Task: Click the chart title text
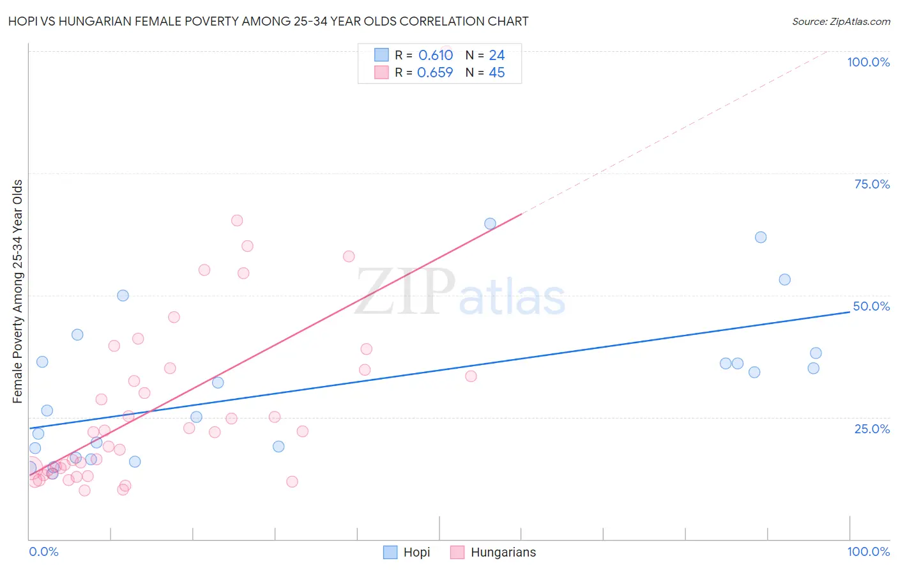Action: pyautogui.click(x=268, y=21)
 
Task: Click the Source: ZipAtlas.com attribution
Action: pyautogui.click(x=841, y=22)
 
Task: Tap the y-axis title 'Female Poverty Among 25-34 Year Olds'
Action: pyautogui.click(x=18, y=291)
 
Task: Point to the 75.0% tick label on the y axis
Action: pyautogui.click(x=871, y=184)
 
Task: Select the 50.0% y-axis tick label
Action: pyautogui.click(x=871, y=306)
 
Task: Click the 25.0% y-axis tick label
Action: pyautogui.click(x=871, y=429)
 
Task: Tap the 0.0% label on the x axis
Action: pyautogui.click(x=43, y=551)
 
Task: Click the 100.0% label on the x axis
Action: pyautogui.click(x=868, y=551)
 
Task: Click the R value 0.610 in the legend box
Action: pyautogui.click(x=436, y=56)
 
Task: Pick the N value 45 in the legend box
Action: pyautogui.click(x=496, y=73)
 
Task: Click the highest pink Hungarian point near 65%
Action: pyautogui.click(x=237, y=220)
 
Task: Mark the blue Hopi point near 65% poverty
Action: pyautogui.click(x=490, y=224)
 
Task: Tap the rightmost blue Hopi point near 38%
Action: pyautogui.click(x=816, y=353)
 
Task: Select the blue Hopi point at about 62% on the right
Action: pyautogui.click(x=761, y=237)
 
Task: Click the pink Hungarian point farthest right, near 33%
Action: pyautogui.click(x=471, y=376)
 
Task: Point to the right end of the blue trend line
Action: pyautogui.click(x=849, y=312)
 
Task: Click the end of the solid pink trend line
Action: pyautogui.click(x=522, y=214)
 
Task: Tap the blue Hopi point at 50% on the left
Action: pyautogui.click(x=123, y=296)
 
